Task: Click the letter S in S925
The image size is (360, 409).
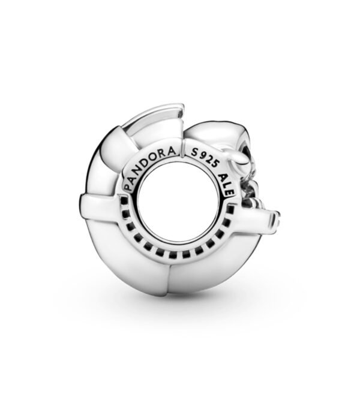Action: point(193,154)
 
